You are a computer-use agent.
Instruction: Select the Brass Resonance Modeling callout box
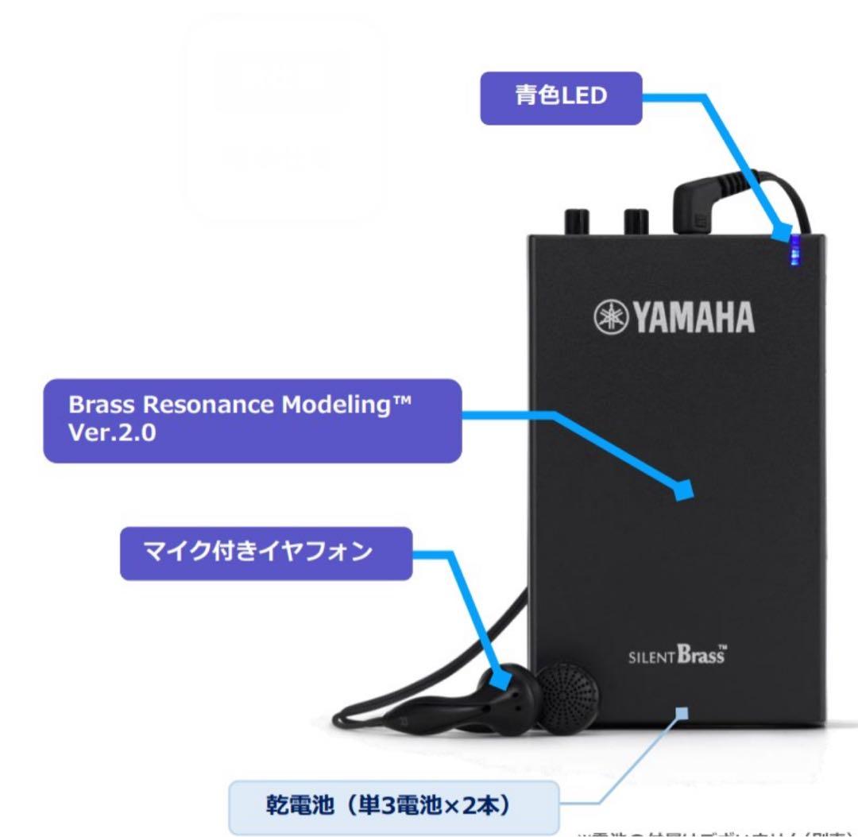252,420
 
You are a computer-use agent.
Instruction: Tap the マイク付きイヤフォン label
266,552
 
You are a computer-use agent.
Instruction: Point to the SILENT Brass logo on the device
676,658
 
